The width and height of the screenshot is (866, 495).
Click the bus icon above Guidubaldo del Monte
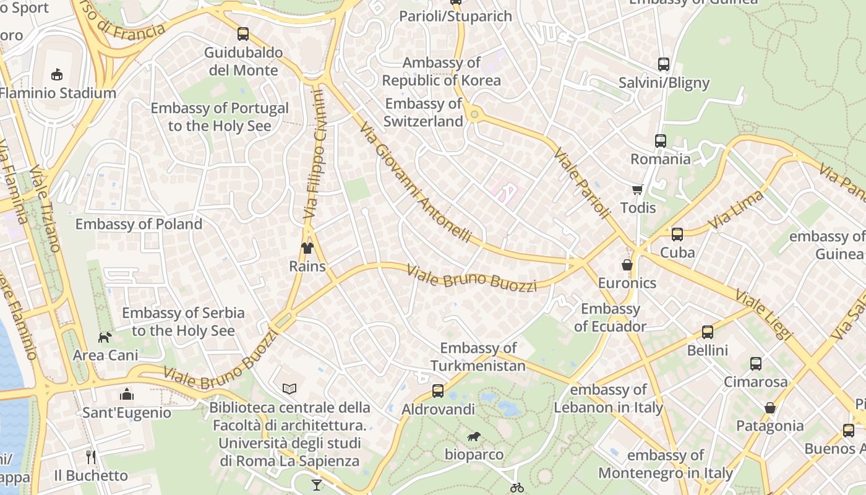tap(243, 34)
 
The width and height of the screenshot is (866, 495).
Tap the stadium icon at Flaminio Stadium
tap(57, 74)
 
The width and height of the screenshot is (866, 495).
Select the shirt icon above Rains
tap(307, 248)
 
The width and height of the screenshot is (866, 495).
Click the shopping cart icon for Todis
tap(638, 189)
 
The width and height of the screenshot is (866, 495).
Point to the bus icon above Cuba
tap(677, 234)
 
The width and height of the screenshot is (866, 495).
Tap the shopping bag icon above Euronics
tap(627, 265)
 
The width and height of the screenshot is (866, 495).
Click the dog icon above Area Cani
tap(105, 337)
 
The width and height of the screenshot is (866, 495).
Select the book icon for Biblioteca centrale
tap(289, 389)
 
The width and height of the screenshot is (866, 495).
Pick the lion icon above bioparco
tap(474, 437)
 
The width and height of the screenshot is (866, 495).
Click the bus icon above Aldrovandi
tap(438, 391)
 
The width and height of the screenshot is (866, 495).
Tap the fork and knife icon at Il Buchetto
tap(91, 457)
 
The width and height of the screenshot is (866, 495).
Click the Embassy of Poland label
tap(139, 224)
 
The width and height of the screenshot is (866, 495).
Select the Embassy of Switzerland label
tap(423, 112)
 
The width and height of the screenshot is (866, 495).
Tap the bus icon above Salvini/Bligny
tap(664, 64)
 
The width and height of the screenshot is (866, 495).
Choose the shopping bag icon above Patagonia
tap(770, 408)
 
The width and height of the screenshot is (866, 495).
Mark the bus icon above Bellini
tap(708, 332)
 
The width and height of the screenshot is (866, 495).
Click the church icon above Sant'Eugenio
tap(127, 394)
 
